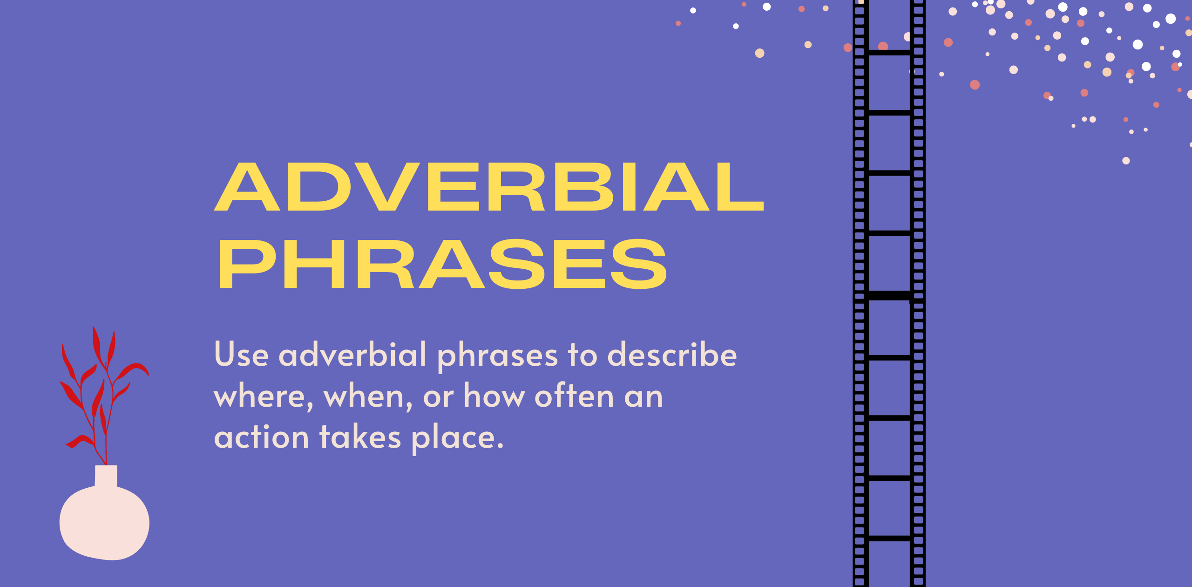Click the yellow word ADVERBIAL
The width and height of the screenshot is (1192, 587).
click(x=489, y=187)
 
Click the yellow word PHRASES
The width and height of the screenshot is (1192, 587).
click(x=442, y=264)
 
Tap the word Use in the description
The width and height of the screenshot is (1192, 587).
click(x=241, y=355)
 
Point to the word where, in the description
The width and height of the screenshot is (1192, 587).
click(x=263, y=397)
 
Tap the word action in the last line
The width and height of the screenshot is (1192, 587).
click(x=261, y=437)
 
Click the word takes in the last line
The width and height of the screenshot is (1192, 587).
click(x=360, y=437)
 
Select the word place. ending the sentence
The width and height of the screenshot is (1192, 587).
click(x=457, y=439)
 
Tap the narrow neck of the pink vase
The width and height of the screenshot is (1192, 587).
click(x=106, y=475)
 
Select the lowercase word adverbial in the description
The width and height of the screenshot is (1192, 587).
click(x=352, y=355)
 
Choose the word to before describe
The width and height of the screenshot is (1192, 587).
click(x=582, y=355)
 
